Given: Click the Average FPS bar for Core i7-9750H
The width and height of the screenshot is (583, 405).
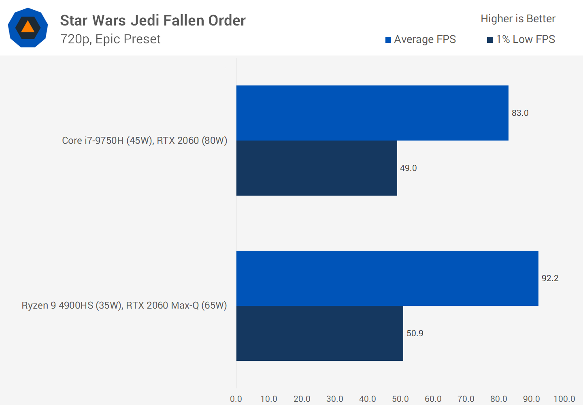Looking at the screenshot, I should pyautogui.click(x=372, y=113).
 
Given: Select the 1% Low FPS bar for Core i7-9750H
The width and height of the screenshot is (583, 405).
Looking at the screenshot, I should pyautogui.click(x=317, y=168).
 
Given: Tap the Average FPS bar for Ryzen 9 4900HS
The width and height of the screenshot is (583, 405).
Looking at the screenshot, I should pyautogui.click(x=387, y=278).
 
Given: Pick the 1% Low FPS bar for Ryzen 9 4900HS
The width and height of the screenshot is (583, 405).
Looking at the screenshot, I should pyautogui.click(x=319, y=333).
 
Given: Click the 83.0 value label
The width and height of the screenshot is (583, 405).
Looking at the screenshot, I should pyautogui.click(x=520, y=113).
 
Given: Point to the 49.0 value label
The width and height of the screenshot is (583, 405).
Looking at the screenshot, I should pyautogui.click(x=408, y=168).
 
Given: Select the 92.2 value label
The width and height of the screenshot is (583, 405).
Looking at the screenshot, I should pyautogui.click(x=550, y=278).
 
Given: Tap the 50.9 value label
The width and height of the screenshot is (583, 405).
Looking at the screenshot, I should pyautogui.click(x=415, y=333).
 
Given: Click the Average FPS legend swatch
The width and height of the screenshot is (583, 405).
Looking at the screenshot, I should pyautogui.click(x=388, y=40).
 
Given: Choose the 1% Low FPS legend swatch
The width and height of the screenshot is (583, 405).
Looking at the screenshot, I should pyautogui.click(x=490, y=40).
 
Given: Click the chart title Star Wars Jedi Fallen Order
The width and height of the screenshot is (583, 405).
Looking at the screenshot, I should pyautogui.click(x=153, y=21).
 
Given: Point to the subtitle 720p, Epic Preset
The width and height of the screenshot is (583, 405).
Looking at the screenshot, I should pyautogui.click(x=110, y=39).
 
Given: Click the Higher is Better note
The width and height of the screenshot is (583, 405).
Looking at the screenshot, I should pyautogui.click(x=518, y=19).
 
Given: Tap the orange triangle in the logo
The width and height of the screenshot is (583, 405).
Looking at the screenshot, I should pyautogui.click(x=28, y=27).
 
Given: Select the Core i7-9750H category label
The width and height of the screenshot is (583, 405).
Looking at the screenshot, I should pyautogui.click(x=145, y=141).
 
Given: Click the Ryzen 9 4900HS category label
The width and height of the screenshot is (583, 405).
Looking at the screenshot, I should pyautogui.click(x=124, y=305).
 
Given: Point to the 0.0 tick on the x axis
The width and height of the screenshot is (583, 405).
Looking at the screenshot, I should pyautogui.click(x=236, y=399).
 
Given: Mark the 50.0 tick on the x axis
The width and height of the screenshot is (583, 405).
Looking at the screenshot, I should pyautogui.click(x=400, y=399).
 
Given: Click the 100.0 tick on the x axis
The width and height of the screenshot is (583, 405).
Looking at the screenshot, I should pyautogui.click(x=564, y=399).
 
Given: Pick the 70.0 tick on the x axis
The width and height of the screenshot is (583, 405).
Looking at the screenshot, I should pyautogui.click(x=466, y=399).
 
